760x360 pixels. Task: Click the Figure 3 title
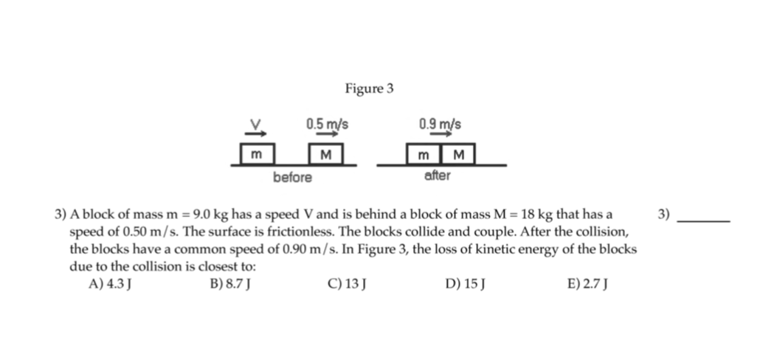coord(369,89)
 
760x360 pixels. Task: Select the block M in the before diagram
coord(326,155)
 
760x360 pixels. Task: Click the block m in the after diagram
coord(424,155)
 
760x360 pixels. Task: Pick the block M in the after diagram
coord(457,155)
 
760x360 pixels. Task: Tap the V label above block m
coord(257,123)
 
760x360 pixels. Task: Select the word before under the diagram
coord(293,178)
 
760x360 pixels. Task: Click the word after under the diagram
coord(438,177)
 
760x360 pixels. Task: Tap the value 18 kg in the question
coord(536,215)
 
